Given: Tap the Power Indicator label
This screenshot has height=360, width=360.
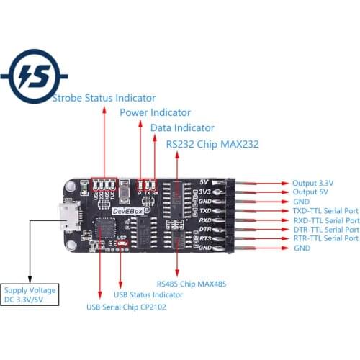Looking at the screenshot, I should point(155,112).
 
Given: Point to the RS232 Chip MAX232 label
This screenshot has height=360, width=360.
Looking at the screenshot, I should point(212,144).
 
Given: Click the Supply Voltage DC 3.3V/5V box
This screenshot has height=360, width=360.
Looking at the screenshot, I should point(29,294).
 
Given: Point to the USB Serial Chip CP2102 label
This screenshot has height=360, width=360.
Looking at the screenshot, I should point(126,307).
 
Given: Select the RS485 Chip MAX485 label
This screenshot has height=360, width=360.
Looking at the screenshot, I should point(191,284).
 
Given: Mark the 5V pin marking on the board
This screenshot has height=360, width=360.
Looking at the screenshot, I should point(205,182).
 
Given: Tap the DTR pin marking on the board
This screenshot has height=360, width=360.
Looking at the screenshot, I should point(205,228).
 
